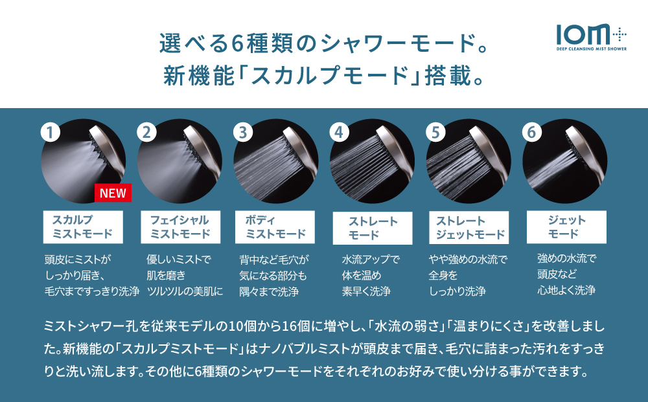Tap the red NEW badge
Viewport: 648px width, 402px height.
[113, 192]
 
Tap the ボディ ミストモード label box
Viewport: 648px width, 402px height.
[275, 227]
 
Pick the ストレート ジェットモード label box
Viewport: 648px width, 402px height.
[469, 227]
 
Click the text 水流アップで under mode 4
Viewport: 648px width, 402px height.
[371, 260]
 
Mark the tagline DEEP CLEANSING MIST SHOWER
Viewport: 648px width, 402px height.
[591, 48]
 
